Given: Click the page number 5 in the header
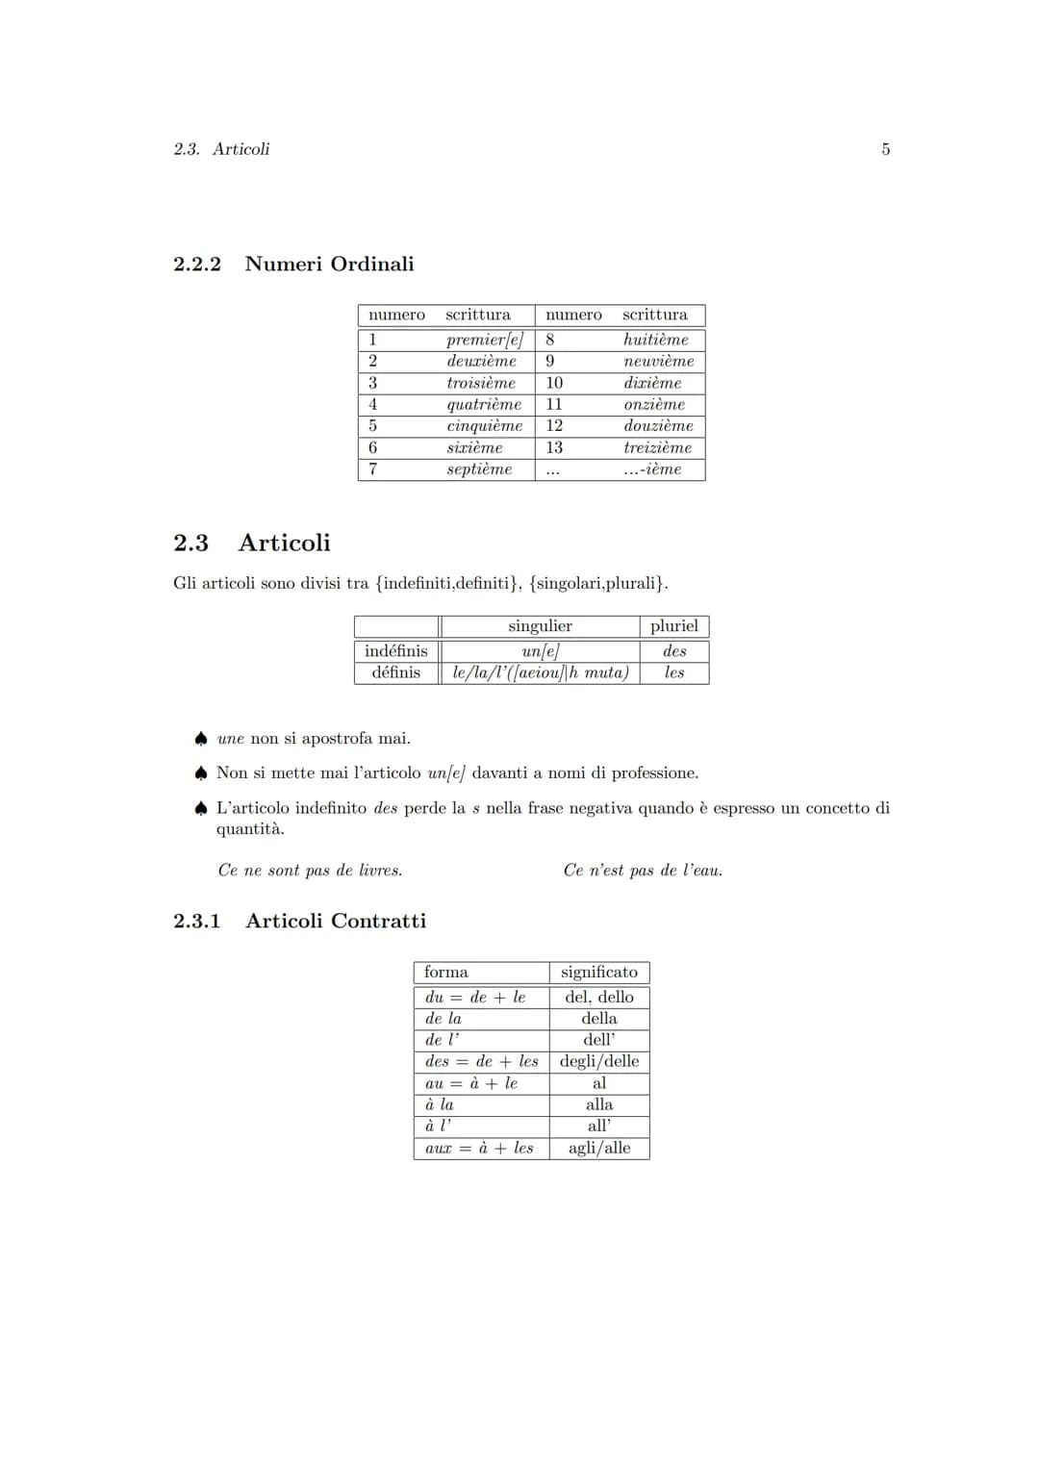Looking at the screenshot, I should (885, 149).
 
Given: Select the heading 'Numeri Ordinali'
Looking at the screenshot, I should (329, 264).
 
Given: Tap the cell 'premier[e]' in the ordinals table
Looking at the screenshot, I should (484, 340).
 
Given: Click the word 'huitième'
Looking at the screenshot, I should (655, 340).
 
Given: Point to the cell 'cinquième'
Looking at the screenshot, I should (484, 425).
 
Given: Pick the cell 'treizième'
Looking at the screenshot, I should (657, 447).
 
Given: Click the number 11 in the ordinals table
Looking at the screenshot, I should (554, 404).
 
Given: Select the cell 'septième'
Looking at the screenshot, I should (479, 469).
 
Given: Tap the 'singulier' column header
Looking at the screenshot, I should (540, 626).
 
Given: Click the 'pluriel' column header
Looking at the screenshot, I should (673, 626).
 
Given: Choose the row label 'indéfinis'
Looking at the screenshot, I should (396, 651).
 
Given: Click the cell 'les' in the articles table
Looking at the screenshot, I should (674, 672).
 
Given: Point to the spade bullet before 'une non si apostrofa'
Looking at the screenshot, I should (200, 739).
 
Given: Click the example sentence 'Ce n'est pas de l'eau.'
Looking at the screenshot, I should (643, 871).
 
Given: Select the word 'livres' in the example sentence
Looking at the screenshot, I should (380, 871).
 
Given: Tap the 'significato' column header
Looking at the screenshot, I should (598, 973).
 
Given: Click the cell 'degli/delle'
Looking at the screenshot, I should (598, 1061).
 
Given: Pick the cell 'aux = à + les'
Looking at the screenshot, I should (479, 1148).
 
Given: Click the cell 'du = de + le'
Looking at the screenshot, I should (475, 998).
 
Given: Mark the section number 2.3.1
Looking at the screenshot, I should (196, 921).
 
